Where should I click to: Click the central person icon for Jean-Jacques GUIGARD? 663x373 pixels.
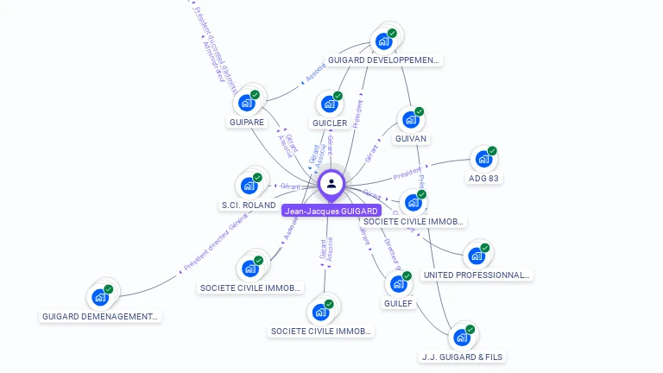click(331, 183)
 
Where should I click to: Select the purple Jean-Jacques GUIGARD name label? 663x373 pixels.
click(331, 211)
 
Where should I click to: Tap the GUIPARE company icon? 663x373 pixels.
click(247, 103)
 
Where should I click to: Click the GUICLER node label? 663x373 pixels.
click(330, 123)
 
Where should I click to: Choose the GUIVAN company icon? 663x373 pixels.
click(411, 119)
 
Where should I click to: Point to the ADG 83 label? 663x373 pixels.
click(485, 179)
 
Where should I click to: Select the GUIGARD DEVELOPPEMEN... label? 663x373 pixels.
click(384, 60)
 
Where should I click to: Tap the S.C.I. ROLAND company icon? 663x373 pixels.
click(249, 186)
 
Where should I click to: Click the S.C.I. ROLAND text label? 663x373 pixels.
click(249, 205)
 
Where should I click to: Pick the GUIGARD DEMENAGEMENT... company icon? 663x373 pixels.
click(100, 297)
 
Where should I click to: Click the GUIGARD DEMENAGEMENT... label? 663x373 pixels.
click(101, 317)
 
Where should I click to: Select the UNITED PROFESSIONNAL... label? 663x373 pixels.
click(477, 275)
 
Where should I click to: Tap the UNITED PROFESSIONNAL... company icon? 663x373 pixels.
click(477, 256)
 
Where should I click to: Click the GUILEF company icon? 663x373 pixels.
click(399, 284)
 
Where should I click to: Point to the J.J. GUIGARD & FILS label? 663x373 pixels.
click(462, 357)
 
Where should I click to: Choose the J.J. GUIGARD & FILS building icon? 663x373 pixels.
click(462, 337)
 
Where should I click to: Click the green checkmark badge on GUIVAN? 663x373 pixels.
click(420, 111)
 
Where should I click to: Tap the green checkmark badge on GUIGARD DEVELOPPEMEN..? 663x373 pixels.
click(392, 33)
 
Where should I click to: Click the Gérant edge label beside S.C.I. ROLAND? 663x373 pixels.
click(290, 186)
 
